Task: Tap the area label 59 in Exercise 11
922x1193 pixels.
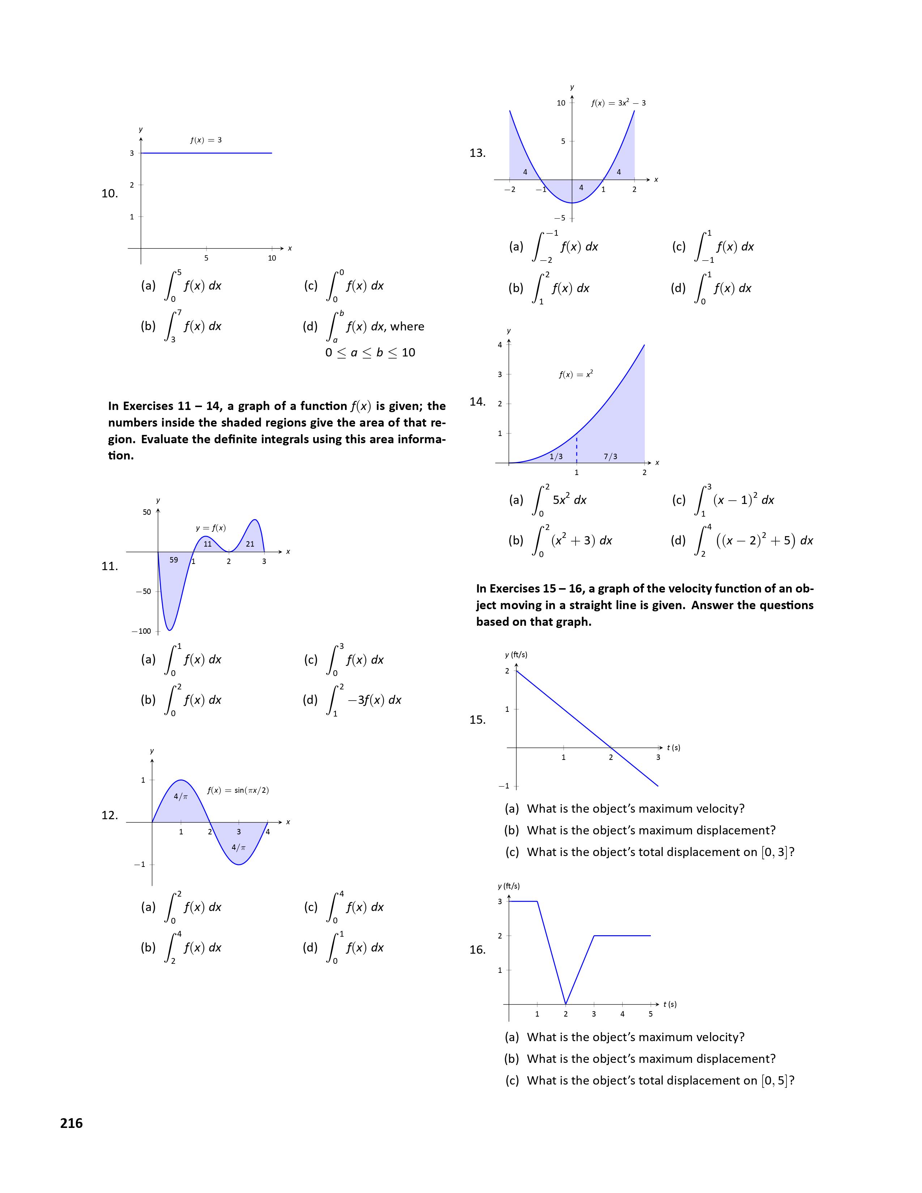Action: tap(174, 560)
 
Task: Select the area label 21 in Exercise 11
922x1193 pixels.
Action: tap(250, 544)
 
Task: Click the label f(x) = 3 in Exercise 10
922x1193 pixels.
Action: tap(206, 140)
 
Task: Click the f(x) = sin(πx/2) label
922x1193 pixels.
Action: tap(238, 790)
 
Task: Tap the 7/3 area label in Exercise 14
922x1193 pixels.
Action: tap(611, 457)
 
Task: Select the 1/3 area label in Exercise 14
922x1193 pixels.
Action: tap(556, 457)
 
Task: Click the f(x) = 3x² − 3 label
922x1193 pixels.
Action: tap(618, 103)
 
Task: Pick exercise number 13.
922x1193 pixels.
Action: tap(477, 153)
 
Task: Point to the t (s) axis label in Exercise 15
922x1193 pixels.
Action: tap(674, 748)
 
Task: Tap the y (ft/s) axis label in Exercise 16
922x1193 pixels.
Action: tap(508, 886)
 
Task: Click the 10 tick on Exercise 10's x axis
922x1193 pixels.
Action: tap(272, 258)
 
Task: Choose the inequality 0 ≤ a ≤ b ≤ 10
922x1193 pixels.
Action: tap(370, 353)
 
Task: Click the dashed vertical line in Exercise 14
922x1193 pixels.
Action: tap(577, 448)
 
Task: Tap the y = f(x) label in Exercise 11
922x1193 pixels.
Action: tap(211, 528)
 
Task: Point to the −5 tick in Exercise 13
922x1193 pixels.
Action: tap(561, 218)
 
